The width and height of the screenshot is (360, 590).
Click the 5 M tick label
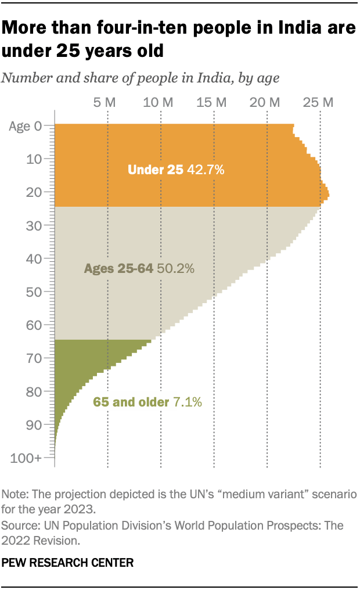click(x=105, y=103)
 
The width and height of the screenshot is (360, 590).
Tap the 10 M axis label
click(x=158, y=103)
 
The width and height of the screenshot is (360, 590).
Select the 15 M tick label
click(x=211, y=103)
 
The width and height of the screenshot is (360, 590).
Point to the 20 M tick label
click(x=265, y=103)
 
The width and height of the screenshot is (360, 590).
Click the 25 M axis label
click(x=318, y=103)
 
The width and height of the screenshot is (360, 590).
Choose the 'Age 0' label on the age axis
click(x=26, y=125)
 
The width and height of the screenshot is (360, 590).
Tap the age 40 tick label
click(x=34, y=258)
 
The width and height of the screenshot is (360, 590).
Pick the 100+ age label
click(x=26, y=458)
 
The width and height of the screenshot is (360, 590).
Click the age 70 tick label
click(x=34, y=358)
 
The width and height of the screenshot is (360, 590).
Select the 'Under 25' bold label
click(x=155, y=170)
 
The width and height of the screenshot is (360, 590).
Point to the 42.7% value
click(x=205, y=170)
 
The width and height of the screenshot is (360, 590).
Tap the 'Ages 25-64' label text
click(x=118, y=269)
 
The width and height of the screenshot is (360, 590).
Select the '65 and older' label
click(x=131, y=402)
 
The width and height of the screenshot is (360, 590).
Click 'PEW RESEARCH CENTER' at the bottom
click(x=68, y=562)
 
